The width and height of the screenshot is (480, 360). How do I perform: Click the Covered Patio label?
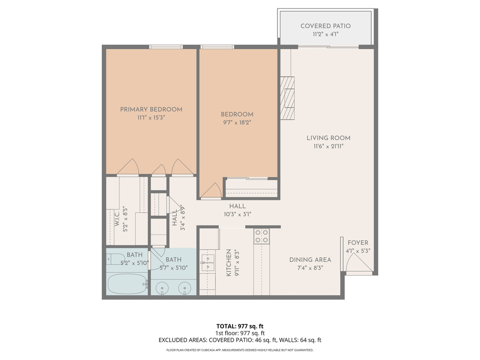pos(325,26)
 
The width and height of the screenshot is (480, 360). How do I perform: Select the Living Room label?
pos(328,138)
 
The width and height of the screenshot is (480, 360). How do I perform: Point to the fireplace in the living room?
pos(288,98)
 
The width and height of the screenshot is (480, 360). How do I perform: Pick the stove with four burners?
pos(261,236)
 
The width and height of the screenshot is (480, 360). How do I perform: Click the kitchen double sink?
pos(207,262)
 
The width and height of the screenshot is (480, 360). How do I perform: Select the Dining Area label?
pos(310,260)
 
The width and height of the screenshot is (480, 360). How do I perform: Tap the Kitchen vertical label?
pos(229,263)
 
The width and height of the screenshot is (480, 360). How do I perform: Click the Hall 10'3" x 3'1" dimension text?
pos(237,215)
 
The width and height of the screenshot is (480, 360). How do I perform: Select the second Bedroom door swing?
pos(210,190)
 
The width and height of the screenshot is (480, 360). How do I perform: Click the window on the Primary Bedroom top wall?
pos(165,46)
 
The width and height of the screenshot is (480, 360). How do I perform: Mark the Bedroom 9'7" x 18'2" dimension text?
pos(237,122)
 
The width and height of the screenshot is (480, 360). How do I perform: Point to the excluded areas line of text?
pos(240,340)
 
